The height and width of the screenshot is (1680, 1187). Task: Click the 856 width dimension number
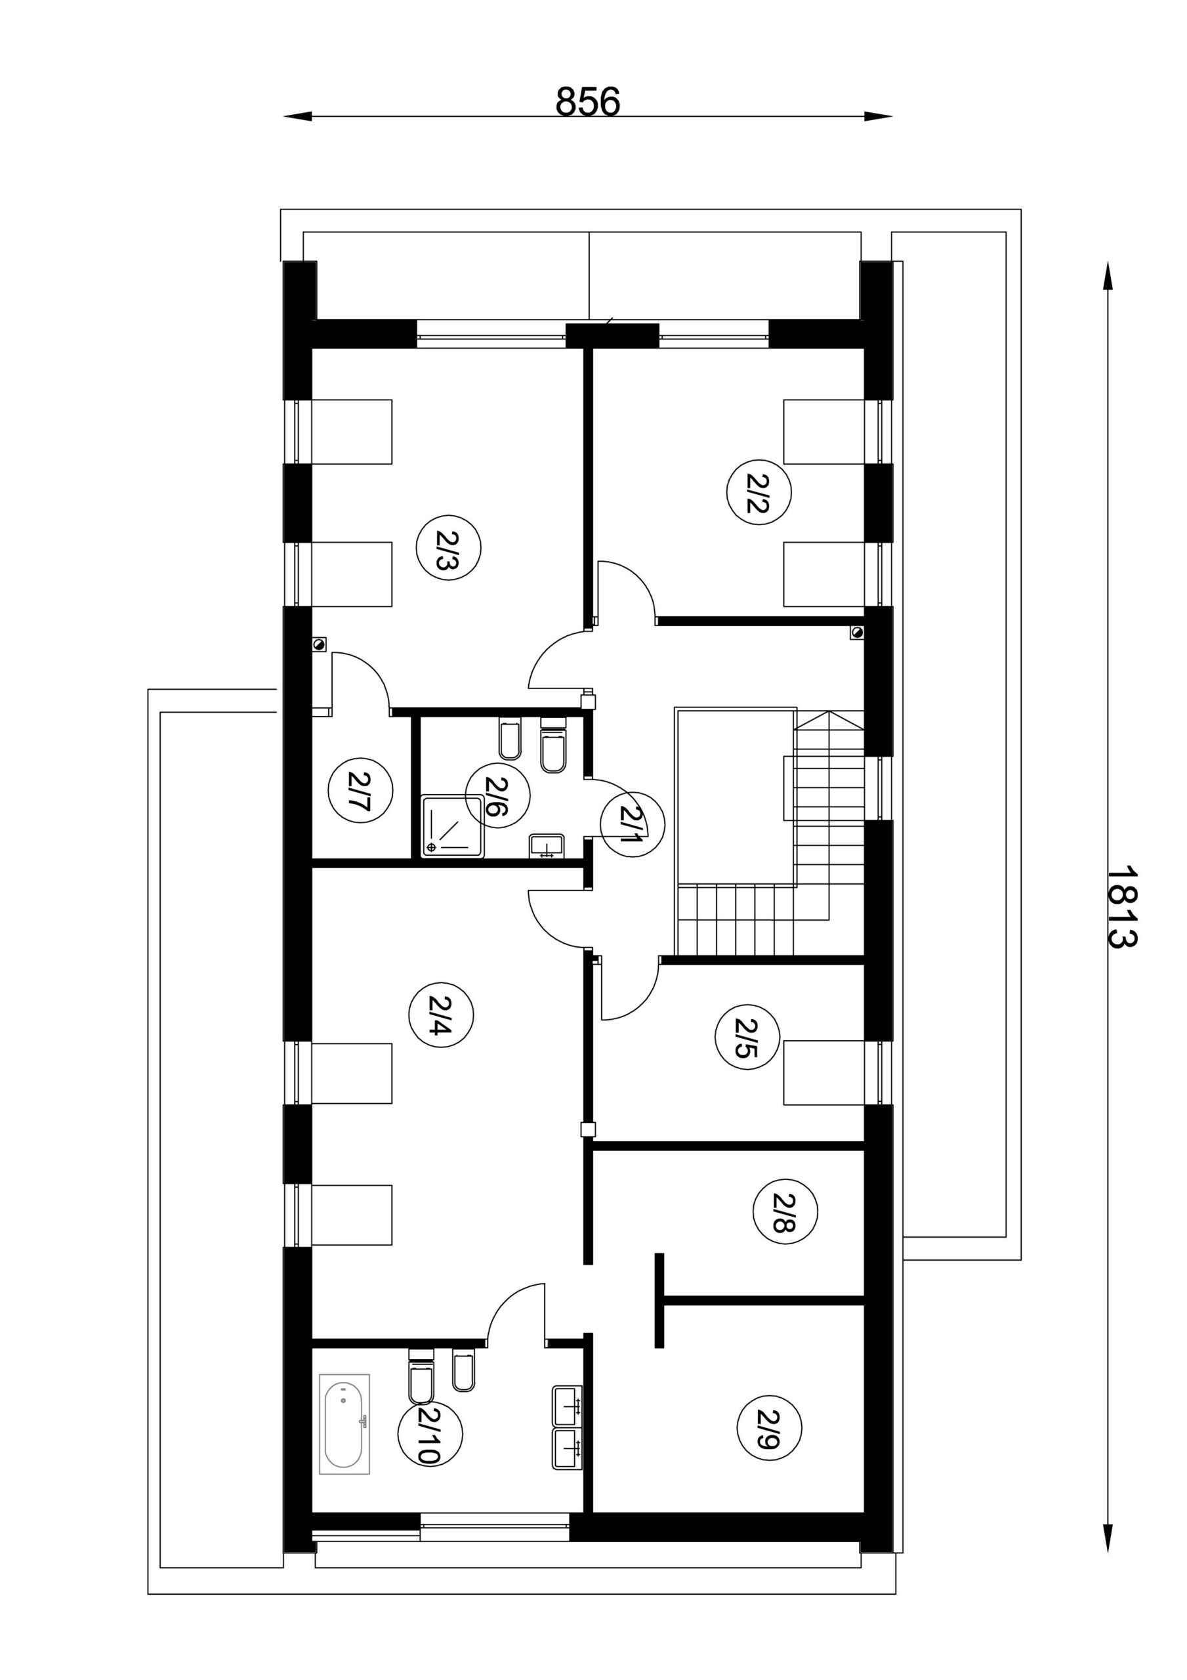coord(588,102)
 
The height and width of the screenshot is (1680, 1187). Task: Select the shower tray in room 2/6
coord(453,827)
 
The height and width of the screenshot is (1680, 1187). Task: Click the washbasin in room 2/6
coord(546,845)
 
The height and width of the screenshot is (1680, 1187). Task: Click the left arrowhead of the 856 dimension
coord(297,115)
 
